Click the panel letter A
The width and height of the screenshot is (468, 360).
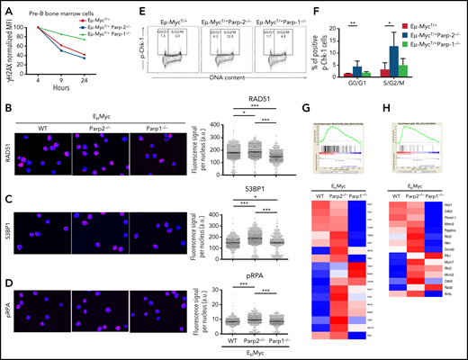(6, 7)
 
